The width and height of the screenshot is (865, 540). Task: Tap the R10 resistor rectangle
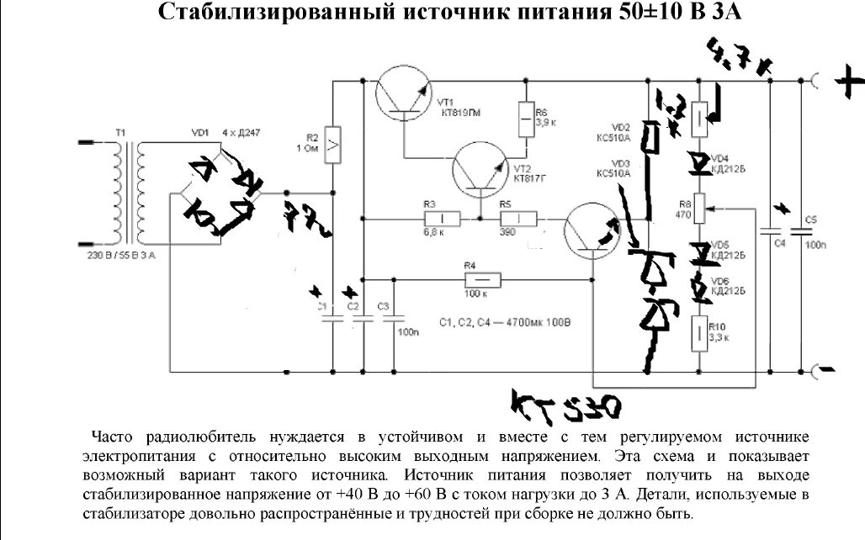700,333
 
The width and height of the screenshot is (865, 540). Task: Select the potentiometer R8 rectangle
700,209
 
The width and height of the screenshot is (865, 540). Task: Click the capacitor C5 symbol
800,230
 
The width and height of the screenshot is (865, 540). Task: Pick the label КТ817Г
530,178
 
